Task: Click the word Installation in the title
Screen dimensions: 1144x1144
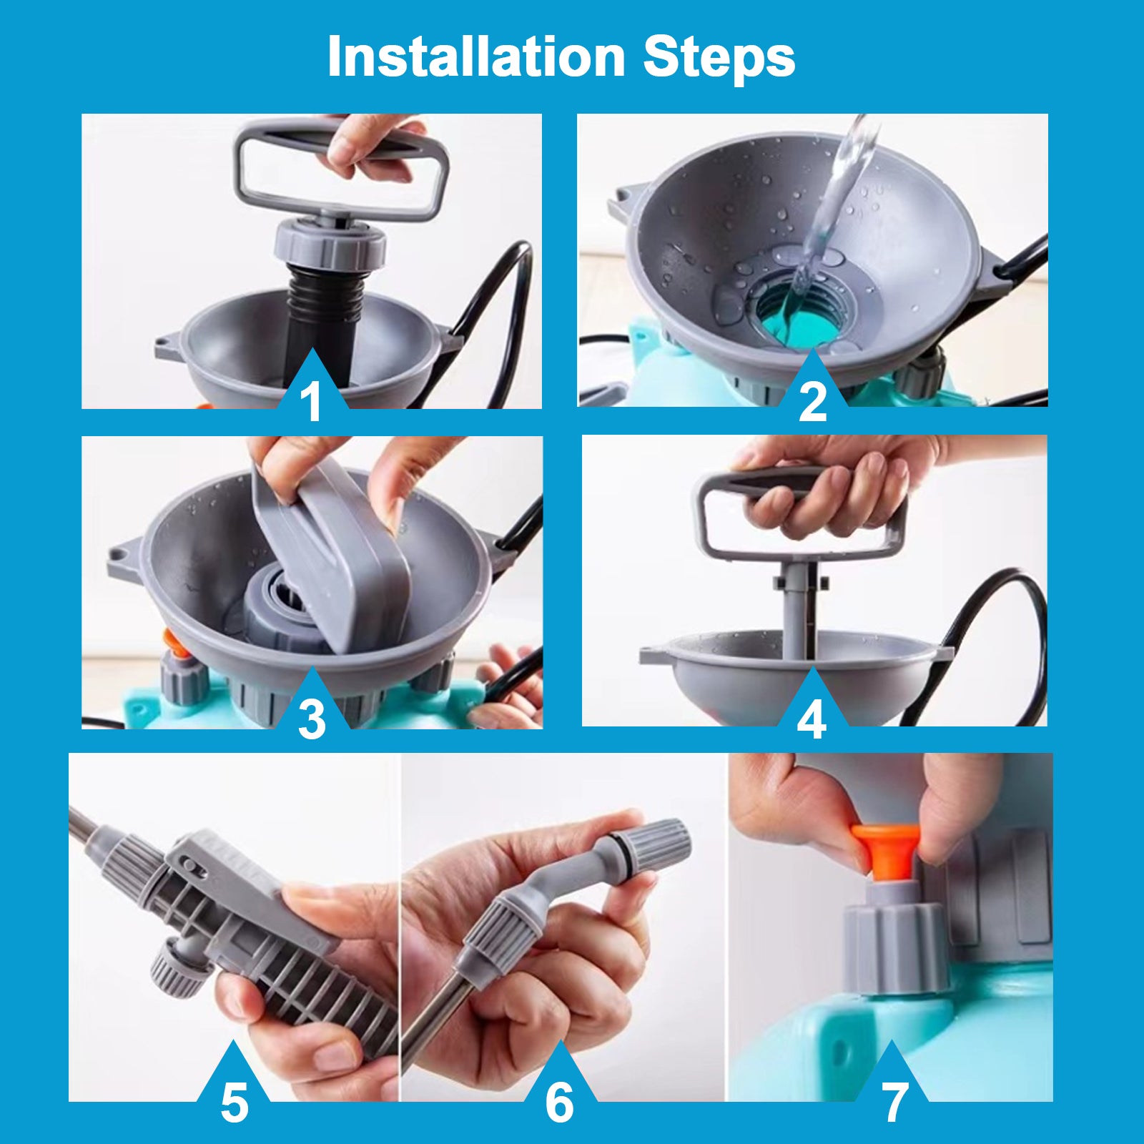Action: pos(476,56)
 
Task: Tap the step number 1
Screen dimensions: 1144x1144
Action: pos(311,402)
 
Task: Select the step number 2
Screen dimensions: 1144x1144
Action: pos(812,402)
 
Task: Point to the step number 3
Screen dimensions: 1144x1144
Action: pos(312,719)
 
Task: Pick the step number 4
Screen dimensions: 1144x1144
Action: pos(812,719)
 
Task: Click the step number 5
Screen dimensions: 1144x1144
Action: pos(235,1103)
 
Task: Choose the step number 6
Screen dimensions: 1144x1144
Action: pos(559,1102)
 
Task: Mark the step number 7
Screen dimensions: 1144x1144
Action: pos(894,1103)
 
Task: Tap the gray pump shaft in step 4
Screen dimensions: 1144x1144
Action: pos(800,608)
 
